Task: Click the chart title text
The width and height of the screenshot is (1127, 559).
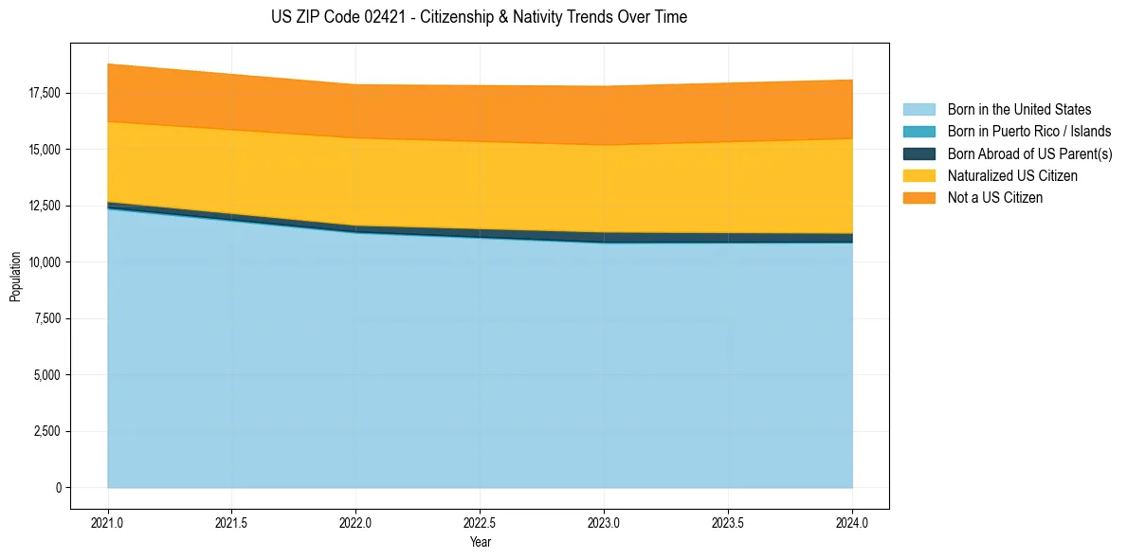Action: pyautogui.click(x=479, y=17)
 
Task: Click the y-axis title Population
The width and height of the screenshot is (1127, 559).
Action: pyautogui.click(x=15, y=276)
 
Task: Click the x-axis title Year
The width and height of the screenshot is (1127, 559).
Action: pyautogui.click(x=480, y=542)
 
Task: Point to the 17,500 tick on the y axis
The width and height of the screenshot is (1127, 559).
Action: pyautogui.click(x=44, y=93)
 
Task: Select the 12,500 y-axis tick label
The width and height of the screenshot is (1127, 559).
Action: pyautogui.click(x=44, y=206)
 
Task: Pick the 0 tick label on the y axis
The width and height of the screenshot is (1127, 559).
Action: pyautogui.click(x=58, y=488)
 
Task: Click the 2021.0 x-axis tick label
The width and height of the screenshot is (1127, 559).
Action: pyautogui.click(x=108, y=522)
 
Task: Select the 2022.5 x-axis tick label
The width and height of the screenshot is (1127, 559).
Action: pyautogui.click(x=480, y=522)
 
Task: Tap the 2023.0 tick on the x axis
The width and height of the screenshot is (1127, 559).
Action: pyautogui.click(x=604, y=522)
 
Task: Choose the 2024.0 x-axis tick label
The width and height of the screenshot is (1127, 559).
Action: pyautogui.click(x=852, y=522)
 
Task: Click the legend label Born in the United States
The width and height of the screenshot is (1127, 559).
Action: pyautogui.click(x=1019, y=110)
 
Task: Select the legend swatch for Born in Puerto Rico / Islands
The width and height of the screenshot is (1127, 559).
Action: pyautogui.click(x=918, y=132)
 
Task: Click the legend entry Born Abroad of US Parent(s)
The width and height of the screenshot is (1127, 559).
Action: pyautogui.click(x=1029, y=153)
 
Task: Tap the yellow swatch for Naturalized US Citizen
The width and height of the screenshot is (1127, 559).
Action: pyautogui.click(x=918, y=175)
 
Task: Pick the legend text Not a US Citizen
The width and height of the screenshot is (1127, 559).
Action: pyautogui.click(x=994, y=198)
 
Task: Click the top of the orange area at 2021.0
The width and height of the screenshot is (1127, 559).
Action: pyautogui.click(x=108, y=64)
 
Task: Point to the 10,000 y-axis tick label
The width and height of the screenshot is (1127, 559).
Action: pyautogui.click(x=44, y=261)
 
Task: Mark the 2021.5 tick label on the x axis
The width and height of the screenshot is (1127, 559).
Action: pyautogui.click(x=232, y=522)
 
